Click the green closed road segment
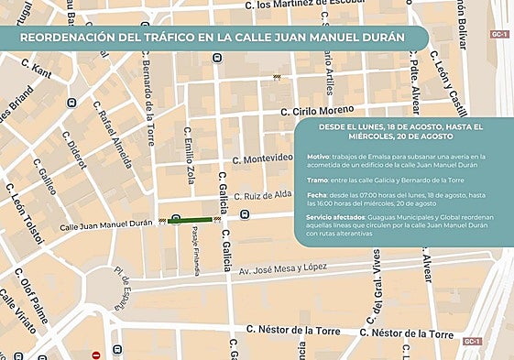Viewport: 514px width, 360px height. (190, 220)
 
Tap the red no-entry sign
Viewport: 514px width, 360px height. (95, 355)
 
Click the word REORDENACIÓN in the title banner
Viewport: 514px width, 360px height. (70, 38)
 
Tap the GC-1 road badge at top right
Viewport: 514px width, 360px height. (498, 34)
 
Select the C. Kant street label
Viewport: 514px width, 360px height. (43, 69)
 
